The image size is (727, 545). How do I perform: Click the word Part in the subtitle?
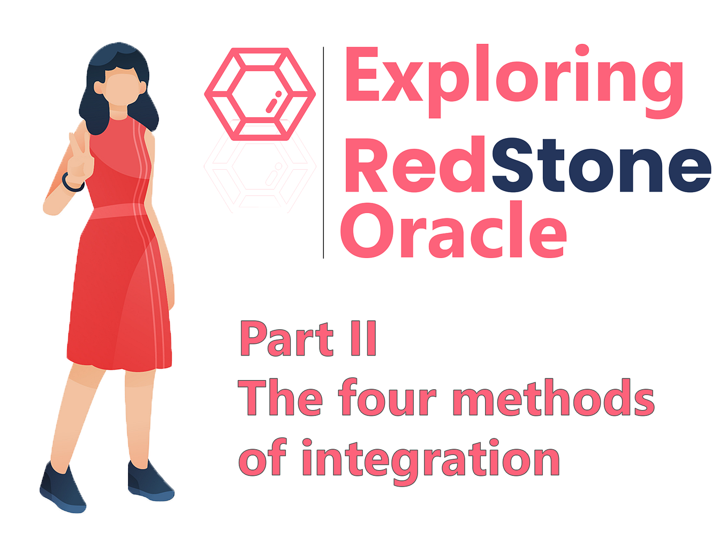[286, 339]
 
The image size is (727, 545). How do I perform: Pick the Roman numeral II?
[363, 339]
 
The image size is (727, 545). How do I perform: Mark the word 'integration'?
[430, 459]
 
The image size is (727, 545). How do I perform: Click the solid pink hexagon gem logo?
[260, 94]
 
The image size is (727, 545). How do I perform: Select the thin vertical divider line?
[323, 153]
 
